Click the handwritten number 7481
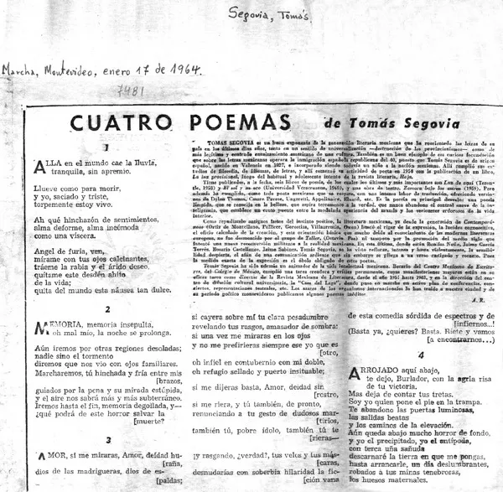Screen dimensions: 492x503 click(x=130, y=89)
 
